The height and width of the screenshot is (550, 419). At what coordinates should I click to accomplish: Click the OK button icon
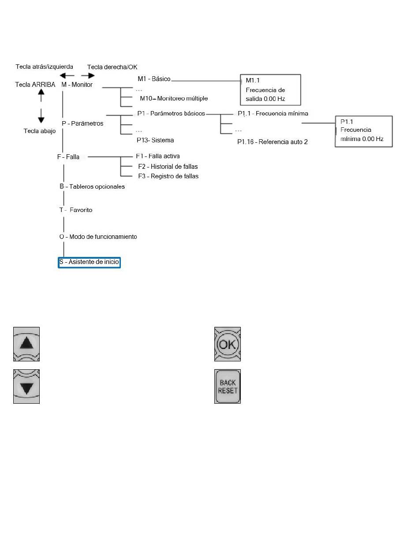(227, 344)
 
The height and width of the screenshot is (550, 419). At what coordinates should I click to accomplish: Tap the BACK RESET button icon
(227, 386)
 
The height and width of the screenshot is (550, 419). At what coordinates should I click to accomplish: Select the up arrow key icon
(26, 344)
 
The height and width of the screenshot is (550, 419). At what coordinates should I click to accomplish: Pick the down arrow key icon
(26, 386)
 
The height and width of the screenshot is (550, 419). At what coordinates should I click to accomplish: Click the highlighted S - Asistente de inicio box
(89, 262)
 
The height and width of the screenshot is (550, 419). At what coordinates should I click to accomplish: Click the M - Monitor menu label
(77, 85)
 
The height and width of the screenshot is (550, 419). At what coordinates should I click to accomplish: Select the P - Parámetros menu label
(82, 123)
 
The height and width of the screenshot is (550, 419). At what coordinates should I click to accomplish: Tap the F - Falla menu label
(68, 157)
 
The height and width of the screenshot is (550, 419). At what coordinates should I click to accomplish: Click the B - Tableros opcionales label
(92, 186)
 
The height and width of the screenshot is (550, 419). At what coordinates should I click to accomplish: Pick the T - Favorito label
(76, 210)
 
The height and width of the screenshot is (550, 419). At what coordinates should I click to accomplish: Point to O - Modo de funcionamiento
(98, 237)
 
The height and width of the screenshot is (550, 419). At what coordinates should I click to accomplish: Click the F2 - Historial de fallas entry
(168, 167)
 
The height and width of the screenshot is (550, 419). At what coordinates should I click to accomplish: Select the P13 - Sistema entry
(155, 140)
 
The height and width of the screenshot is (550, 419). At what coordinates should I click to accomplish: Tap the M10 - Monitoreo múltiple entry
(174, 98)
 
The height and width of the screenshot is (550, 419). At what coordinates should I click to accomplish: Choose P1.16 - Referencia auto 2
(272, 142)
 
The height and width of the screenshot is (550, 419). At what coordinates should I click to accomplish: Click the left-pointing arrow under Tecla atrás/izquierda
(67, 75)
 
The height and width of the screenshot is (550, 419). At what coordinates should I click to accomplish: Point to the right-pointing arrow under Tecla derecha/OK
(88, 75)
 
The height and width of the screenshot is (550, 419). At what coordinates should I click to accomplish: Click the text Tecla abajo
(40, 131)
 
